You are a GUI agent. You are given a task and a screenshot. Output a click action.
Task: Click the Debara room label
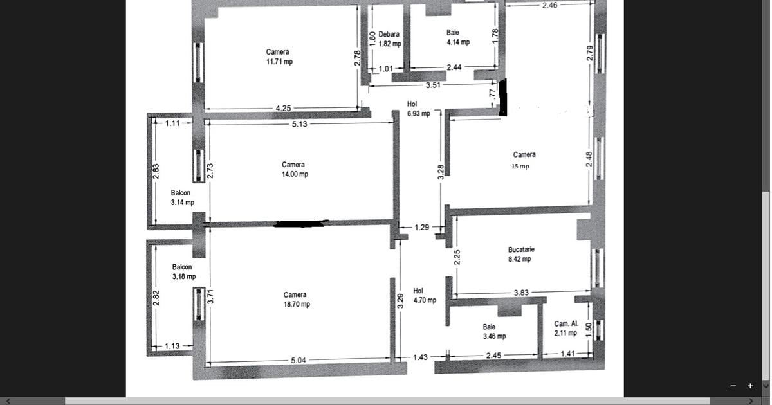click(389, 35)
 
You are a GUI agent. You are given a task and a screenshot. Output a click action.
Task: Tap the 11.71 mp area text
click(279, 62)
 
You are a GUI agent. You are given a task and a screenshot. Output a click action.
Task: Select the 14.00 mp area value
click(294, 174)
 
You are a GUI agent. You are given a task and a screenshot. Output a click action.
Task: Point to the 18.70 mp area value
click(296, 305)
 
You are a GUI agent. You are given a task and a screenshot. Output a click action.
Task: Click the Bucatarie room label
click(520, 249)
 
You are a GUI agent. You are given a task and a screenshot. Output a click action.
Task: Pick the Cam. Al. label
click(566, 324)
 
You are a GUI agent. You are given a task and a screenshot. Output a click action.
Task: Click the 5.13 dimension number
click(299, 124)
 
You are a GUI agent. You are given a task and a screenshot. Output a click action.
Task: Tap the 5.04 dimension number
click(298, 361)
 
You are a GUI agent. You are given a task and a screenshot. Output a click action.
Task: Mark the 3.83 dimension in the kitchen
click(520, 292)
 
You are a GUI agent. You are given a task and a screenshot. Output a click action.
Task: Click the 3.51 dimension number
click(432, 85)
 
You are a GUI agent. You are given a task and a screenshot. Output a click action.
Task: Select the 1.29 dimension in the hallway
click(421, 227)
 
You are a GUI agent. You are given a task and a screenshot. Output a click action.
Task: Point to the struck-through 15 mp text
click(520, 166)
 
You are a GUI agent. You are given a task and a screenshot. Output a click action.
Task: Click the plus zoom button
click(750, 386)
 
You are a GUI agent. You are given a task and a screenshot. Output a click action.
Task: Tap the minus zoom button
click(733, 386)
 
